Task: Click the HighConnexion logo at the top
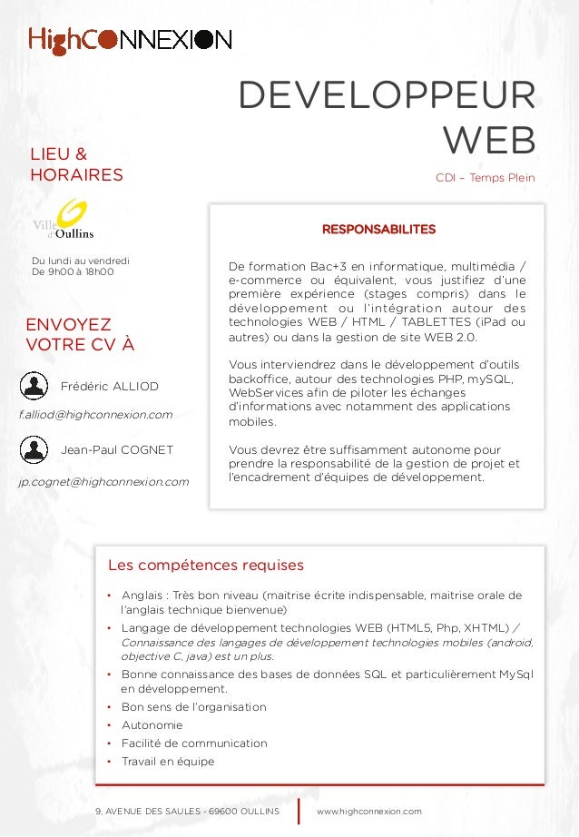point(130,40)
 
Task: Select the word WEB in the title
point(488,141)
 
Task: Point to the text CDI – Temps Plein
point(485,178)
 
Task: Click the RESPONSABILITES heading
point(378,230)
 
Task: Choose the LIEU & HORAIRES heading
point(77,164)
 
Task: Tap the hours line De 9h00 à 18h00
point(73,271)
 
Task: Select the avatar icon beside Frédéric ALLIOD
point(34,386)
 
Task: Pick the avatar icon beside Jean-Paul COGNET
point(34,448)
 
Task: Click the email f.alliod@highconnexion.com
point(95,415)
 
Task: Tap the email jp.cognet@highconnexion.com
point(104,481)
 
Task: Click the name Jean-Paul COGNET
point(116,449)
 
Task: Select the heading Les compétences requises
point(205,566)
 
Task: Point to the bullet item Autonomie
point(152,725)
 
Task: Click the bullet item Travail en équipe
point(168,762)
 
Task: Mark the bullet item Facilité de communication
point(194,743)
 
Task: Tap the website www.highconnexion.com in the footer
point(368,810)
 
